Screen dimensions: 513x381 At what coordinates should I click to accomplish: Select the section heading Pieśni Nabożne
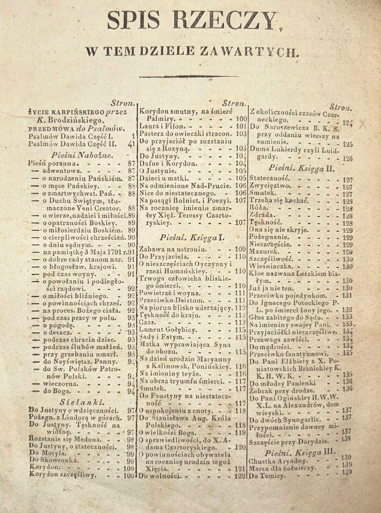[82, 155]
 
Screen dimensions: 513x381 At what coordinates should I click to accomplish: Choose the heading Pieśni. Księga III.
[300, 453]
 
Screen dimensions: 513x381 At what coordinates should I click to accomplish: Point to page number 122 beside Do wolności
[240, 476]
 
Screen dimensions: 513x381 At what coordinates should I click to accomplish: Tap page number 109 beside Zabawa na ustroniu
[240, 249]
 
